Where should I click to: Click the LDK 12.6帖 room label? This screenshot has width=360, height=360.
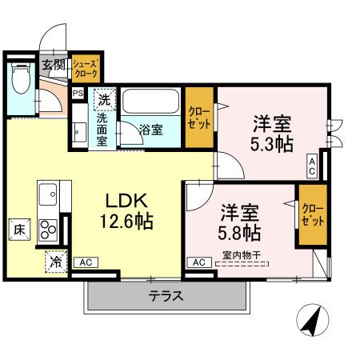[127, 210]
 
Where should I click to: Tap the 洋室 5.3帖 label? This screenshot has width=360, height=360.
[272, 135]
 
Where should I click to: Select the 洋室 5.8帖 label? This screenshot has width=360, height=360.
[239, 223]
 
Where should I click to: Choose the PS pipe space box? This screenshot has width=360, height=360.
[78, 94]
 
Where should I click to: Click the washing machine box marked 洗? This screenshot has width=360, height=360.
[104, 100]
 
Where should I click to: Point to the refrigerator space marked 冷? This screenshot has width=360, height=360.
[57, 261]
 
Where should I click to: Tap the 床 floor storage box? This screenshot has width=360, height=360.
[18, 230]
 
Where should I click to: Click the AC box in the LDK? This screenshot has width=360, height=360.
[86, 262]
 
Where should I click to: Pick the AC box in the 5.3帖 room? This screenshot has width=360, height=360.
[311, 167]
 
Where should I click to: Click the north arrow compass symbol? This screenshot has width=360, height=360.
[312, 322]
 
